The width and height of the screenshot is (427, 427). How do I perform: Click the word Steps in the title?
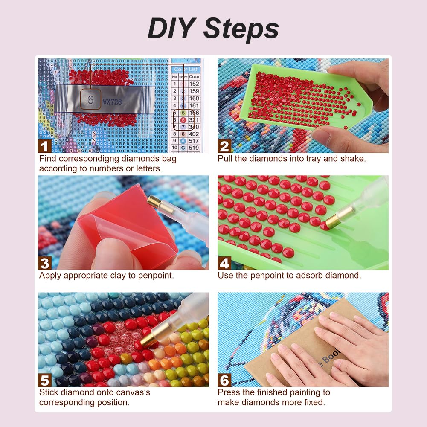point(241,29)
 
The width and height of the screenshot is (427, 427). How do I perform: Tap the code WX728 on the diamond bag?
point(112,102)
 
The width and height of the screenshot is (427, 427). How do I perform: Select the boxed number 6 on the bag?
point(90,99)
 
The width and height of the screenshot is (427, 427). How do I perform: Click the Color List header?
point(186,69)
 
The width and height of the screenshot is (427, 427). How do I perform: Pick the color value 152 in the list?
point(194,84)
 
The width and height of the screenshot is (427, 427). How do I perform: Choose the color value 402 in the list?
point(194,134)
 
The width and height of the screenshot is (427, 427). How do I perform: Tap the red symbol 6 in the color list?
point(183,120)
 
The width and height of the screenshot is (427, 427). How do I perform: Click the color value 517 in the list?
point(194,141)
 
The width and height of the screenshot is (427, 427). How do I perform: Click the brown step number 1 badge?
point(45,146)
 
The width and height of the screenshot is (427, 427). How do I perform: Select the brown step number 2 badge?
point(224,146)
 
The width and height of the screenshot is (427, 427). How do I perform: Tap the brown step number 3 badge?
point(45,263)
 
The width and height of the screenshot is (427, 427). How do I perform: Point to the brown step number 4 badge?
point(224,263)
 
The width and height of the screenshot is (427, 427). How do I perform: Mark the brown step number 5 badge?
point(45,380)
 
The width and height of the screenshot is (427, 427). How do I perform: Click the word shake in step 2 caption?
point(353,159)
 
